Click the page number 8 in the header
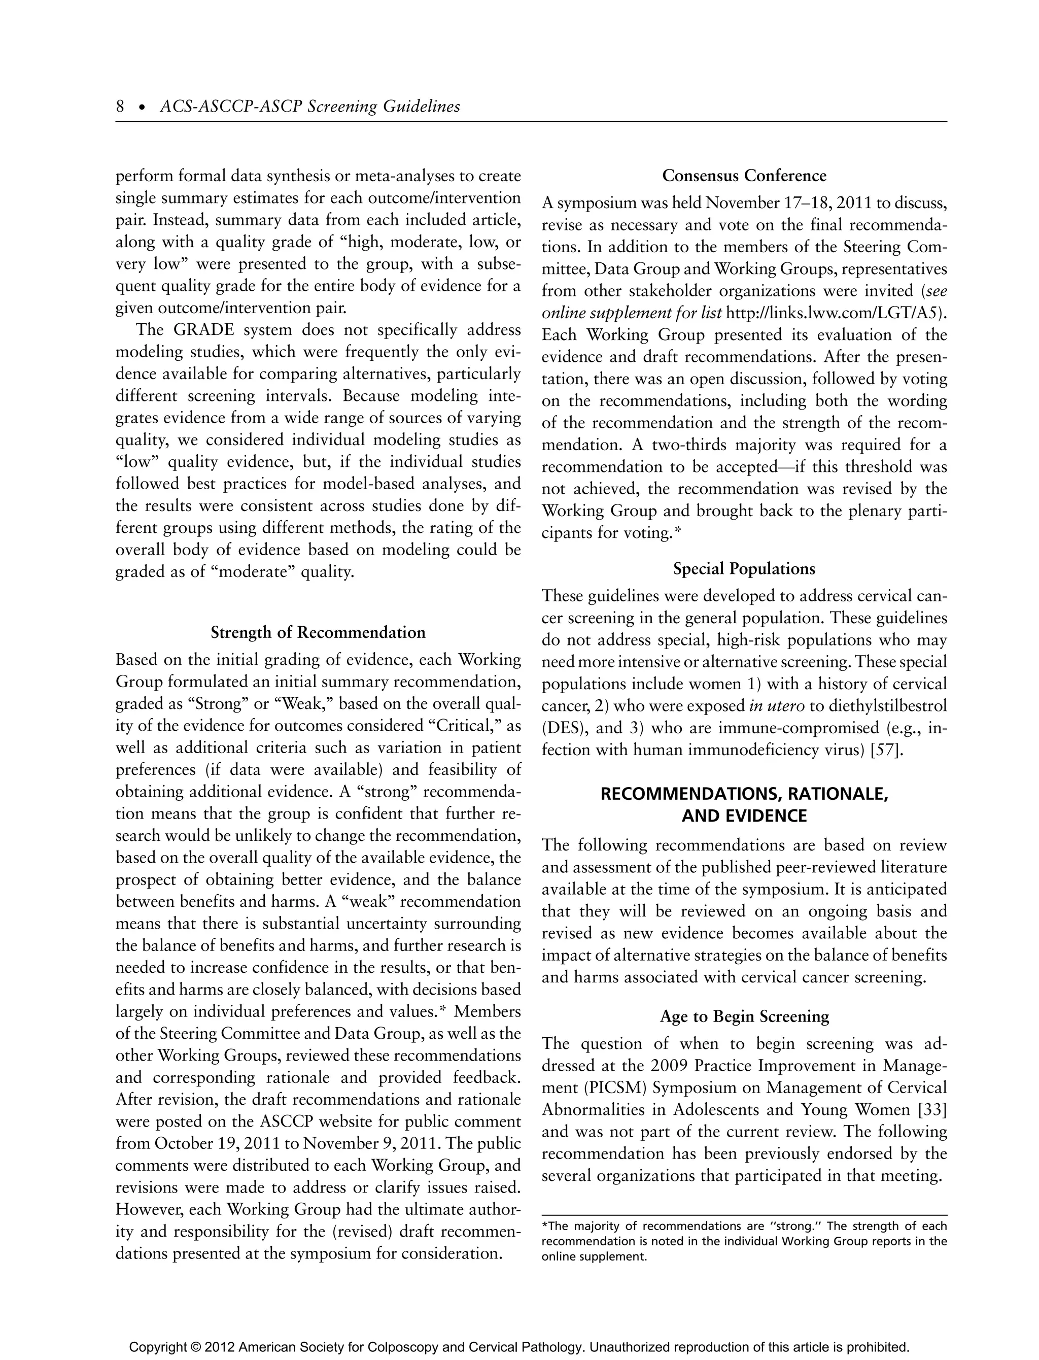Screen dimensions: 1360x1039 point(120,107)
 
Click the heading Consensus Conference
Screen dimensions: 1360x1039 point(744,176)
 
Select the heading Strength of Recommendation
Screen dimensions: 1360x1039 point(318,633)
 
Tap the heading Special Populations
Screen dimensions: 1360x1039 point(744,569)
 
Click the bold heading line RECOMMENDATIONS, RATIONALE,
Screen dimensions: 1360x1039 point(744,795)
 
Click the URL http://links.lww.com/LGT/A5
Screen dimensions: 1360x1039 point(833,314)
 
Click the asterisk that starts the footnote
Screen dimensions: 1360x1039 point(544,1227)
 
